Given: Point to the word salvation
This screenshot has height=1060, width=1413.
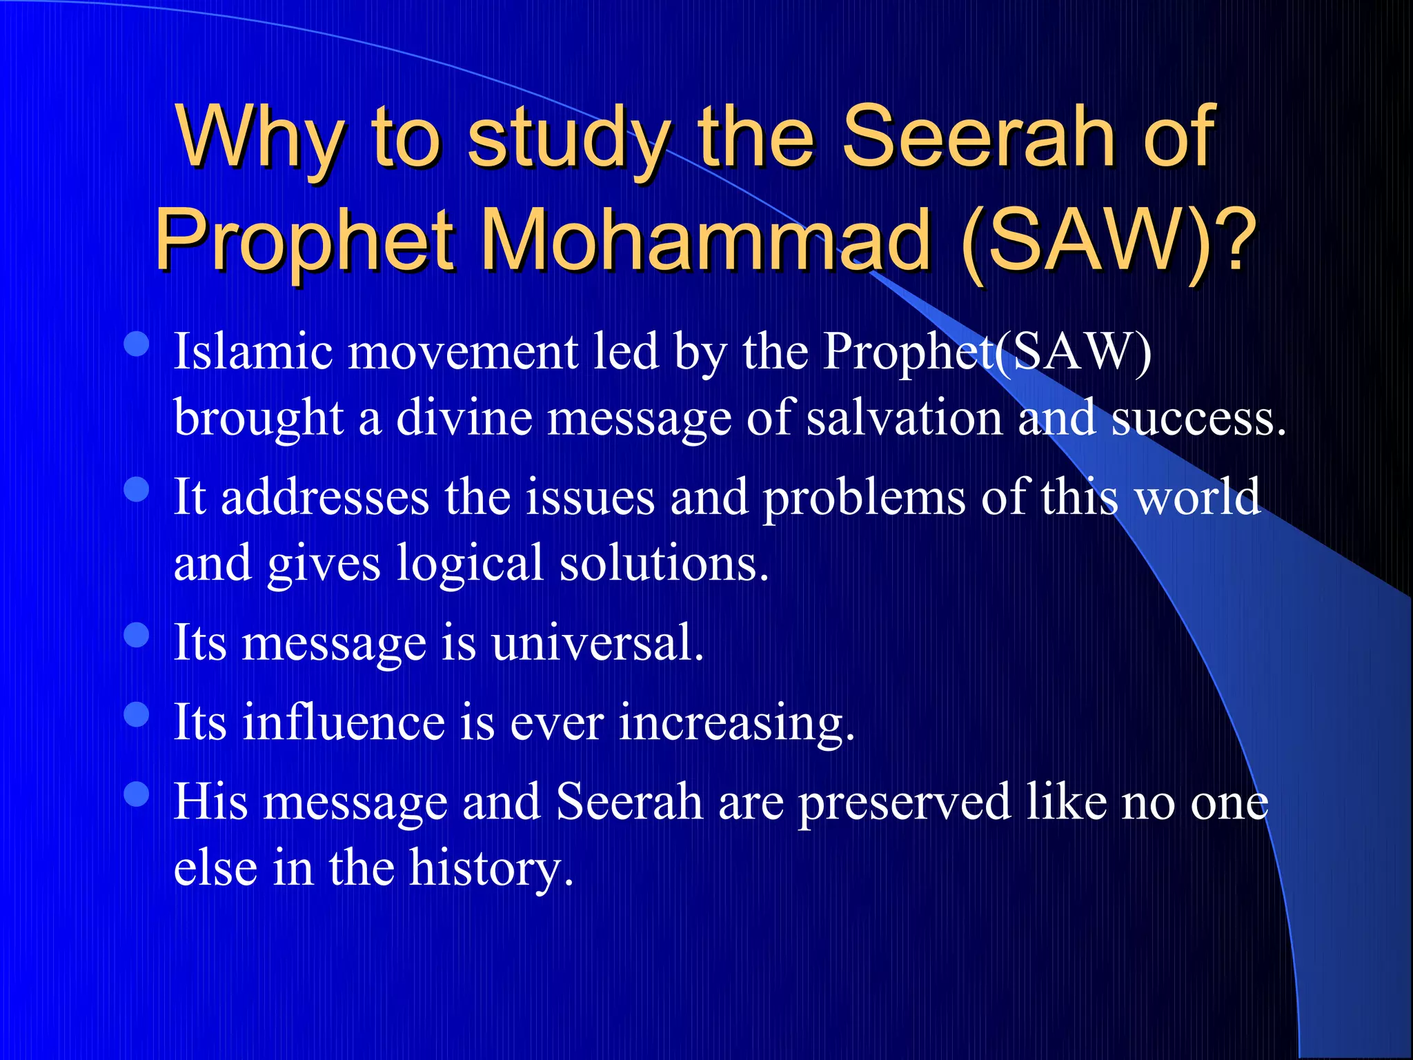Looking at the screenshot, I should coord(905,418).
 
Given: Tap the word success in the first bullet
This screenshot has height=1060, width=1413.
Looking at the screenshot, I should coord(1198,418).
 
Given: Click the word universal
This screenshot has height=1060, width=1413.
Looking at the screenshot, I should coord(597,643).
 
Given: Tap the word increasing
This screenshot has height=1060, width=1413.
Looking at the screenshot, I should coord(735,723).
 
